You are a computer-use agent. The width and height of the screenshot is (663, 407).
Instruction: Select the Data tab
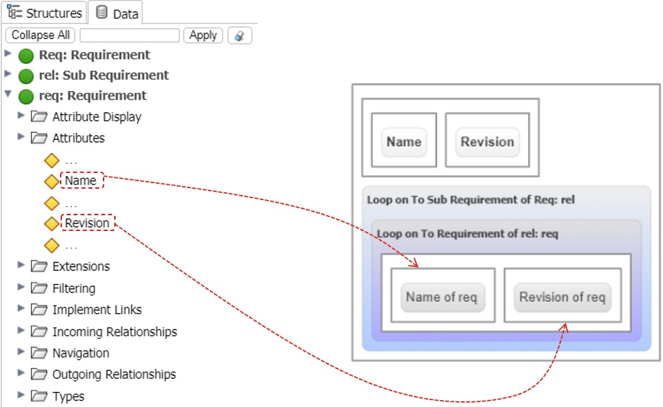(117, 13)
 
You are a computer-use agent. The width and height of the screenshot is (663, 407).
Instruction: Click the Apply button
(203, 35)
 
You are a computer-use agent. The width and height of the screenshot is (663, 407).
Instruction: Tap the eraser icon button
(239, 35)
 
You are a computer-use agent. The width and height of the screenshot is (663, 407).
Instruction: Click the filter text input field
(129, 35)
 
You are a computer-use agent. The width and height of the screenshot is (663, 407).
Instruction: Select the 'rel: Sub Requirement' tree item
(104, 75)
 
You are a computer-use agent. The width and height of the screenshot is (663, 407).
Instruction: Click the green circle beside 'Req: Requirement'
(26, 56)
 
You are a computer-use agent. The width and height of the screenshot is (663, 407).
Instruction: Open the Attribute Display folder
(97, 117)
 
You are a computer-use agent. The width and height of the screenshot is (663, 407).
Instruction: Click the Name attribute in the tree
(81, 181)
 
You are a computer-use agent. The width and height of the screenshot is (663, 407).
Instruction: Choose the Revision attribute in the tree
(87, 223)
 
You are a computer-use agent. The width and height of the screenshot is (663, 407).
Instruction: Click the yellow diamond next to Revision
(52, 223)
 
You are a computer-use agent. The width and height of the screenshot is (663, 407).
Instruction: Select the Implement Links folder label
(97, 310)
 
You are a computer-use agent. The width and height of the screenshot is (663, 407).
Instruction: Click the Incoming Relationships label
(114, 331)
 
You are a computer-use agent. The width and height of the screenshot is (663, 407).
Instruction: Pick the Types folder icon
(40, 396)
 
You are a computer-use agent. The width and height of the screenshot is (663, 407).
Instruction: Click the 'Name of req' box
(441, 297)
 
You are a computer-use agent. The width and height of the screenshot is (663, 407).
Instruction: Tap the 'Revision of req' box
(562, 297)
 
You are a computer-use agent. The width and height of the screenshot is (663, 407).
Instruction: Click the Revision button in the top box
(487, 142)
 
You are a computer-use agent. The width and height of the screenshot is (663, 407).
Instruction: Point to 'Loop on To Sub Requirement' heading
(470, 200)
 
